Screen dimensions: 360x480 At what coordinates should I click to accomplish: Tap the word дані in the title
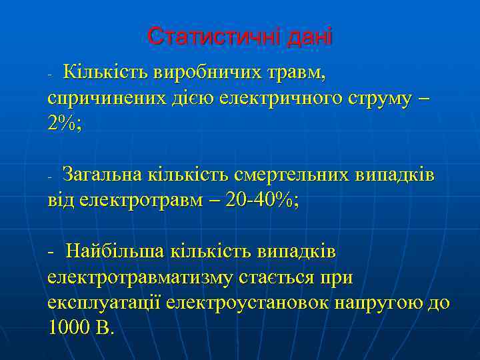(x=308, y=36)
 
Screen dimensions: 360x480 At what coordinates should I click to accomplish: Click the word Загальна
(x=109, y=175)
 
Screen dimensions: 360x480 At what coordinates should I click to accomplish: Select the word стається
(x=288, y=277)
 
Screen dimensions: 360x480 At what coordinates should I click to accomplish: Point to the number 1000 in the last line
(x=69, y=328)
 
